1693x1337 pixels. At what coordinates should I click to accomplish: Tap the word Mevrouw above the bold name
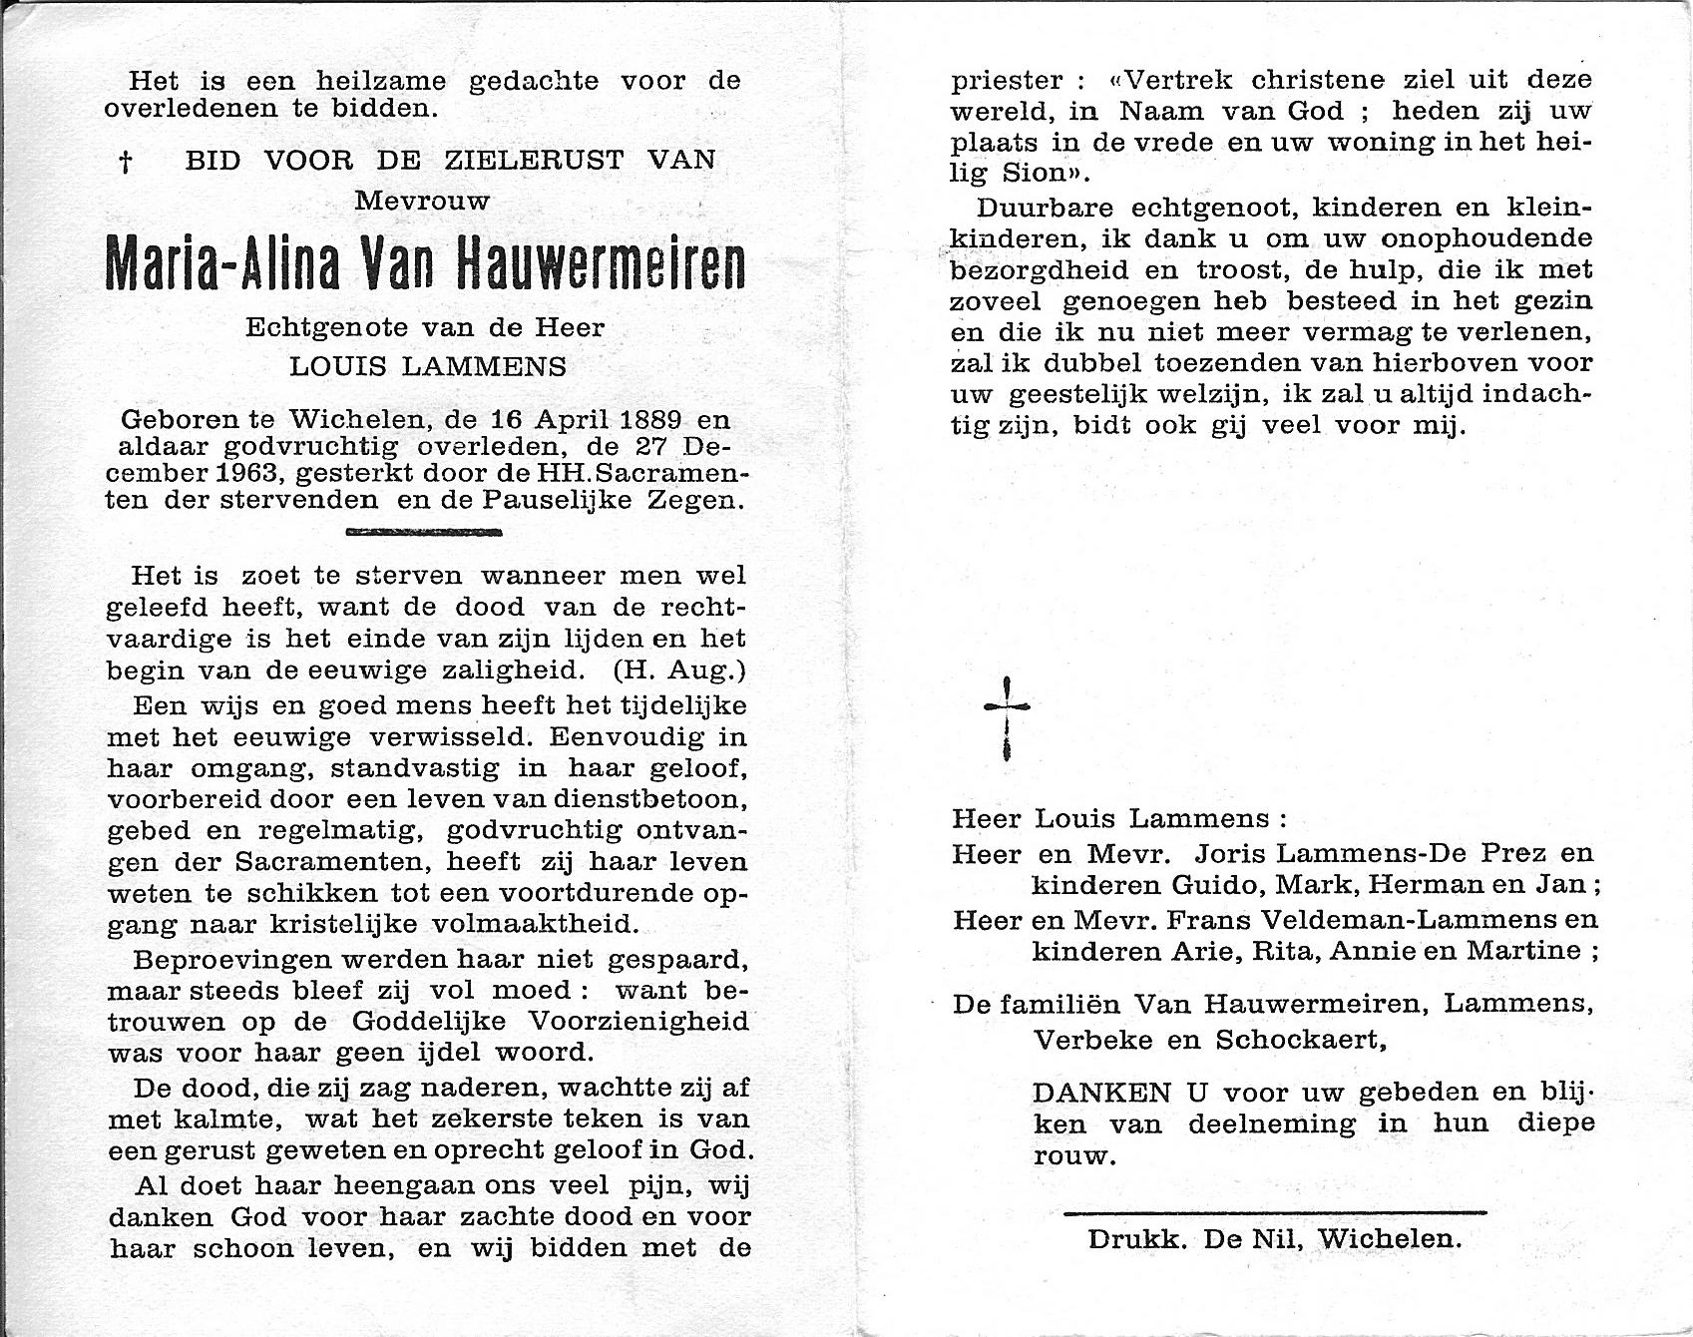click(x=423, y=202)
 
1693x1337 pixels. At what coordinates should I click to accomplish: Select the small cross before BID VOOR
click(x=126, y=163)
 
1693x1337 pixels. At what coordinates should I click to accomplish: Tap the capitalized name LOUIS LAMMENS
click(x=428, y=366)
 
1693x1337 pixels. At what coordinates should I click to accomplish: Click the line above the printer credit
click(x=1275, y=1213)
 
